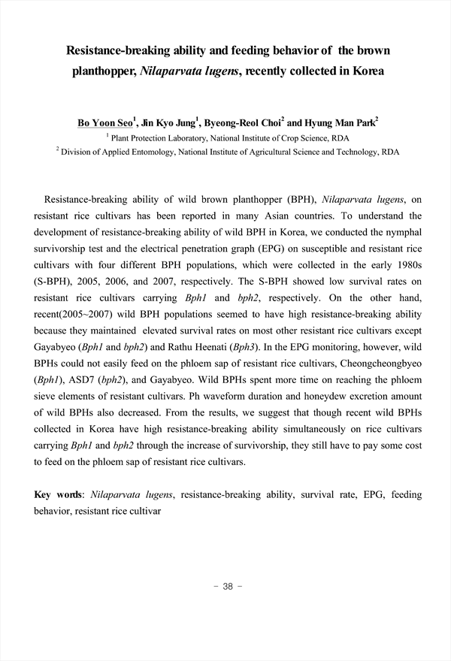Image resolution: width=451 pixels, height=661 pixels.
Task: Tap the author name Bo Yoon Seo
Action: (x=104, y=122)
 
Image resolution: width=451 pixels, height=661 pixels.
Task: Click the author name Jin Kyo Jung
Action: (x=167, y=122)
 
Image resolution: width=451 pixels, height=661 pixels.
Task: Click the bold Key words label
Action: (x=59, y=495)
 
